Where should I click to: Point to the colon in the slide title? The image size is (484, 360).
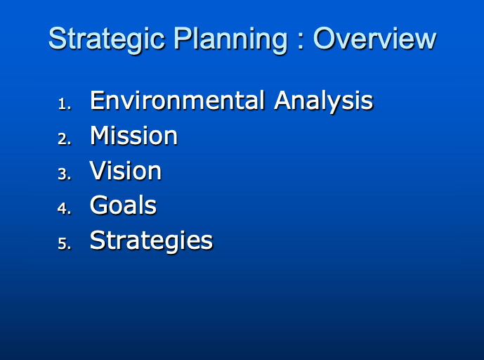coord(300,40)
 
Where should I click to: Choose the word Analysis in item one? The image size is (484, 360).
coord(323,101)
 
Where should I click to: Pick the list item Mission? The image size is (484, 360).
coord(133,136)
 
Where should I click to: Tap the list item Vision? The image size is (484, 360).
coord(125,171)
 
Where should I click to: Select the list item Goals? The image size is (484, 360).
coord(123,205)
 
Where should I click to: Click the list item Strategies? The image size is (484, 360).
coord(151,240)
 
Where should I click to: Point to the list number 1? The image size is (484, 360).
coord(63,104)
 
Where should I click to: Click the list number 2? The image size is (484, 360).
coord(63,139)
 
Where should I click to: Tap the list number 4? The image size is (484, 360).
coord(63,209)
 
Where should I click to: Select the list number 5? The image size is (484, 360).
coord(63,244)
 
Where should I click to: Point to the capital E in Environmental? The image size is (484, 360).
coord(97,101)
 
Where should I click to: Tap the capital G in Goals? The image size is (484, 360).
coord(99,205)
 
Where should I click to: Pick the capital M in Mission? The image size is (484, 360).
coord(100,136)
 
